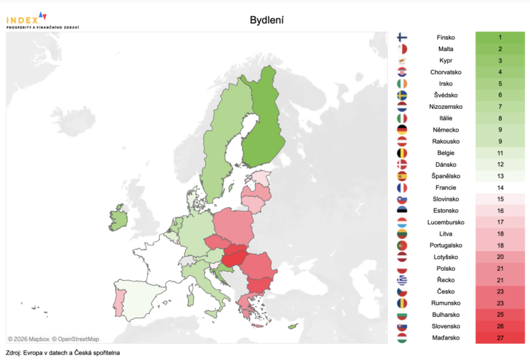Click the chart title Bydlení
pyautogui.click(x=267, y=20)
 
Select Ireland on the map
pyautogui.click(x=118, y=217)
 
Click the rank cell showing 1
pyautogui.click(x=500, y=37)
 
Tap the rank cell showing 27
pyautogui.click(x=500, y=337)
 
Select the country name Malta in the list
pyautogui.click(x=446, y=49)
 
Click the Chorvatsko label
pyautogui.click(x=446, y=72)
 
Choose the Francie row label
pyautogui.click(x=446, y=187)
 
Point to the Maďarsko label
pyautogui.click(x=446, y=337)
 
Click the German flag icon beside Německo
pyautogui.click(x=402, y=129)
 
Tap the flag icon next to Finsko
pyautogui.click(x=402, y=37)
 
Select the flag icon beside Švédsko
pyautogui.click(x=402, y=95)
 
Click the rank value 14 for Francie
pyautogui.click(x=500, y=187)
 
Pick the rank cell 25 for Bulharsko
pyautogui.click(x=500, y=314)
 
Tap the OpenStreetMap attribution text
pyautogui.click(x=73, y=339)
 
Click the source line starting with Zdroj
pyautogui.click(x=63, y=352)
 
